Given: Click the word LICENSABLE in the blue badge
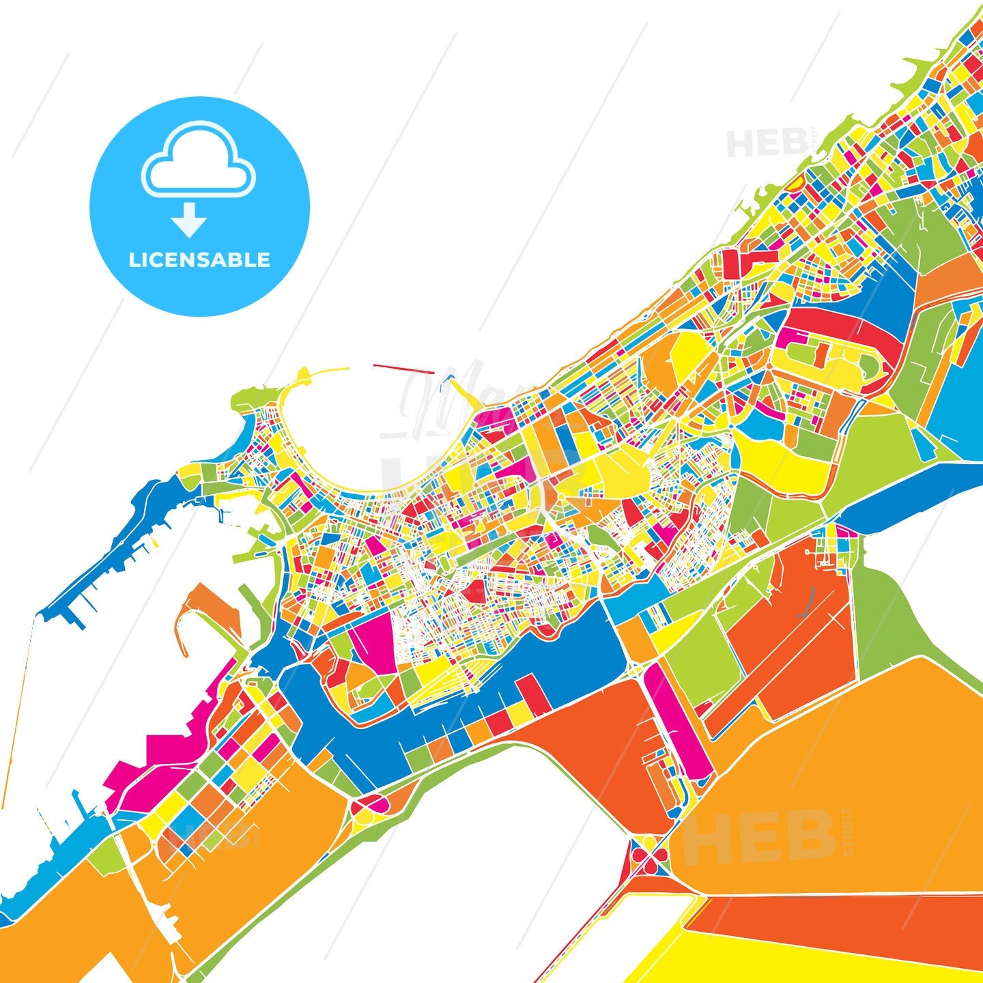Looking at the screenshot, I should [199, 260].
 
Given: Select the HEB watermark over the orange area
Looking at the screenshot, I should [758, 837].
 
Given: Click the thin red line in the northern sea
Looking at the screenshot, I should [403, 369].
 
